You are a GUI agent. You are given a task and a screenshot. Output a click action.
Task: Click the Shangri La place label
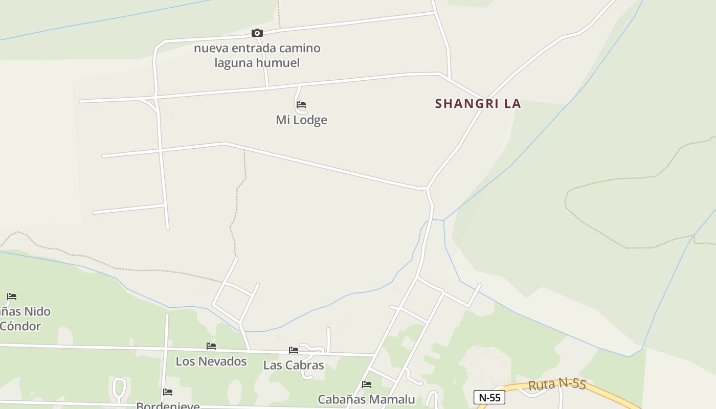click(x=478, y=103)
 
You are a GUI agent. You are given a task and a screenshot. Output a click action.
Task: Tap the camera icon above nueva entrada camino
click(x=257, y=33)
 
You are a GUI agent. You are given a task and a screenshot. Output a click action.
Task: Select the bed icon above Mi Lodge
click(x=301, y=105)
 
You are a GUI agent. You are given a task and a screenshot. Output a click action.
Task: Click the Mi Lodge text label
click(x=301, y=120)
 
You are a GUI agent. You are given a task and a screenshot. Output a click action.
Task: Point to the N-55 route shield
click(x=489, y=397)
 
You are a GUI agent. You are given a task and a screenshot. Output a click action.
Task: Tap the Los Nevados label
click(x=211, y=361)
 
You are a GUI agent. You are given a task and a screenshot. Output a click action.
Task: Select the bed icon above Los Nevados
click(x=211, y=346)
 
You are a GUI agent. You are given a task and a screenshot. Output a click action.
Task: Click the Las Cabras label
click(x=294, y=365)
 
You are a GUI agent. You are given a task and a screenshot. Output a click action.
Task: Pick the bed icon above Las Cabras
click(x=294, y=350)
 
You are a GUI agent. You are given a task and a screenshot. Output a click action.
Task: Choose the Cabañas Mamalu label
click(x=366, y=399)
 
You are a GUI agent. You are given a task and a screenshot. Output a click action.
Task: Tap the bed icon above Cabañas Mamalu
click(x=366, y=384)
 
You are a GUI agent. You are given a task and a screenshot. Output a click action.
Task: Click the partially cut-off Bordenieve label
click(x=168, y=406)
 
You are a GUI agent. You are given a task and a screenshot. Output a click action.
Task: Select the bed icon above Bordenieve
click(x=168, y=392)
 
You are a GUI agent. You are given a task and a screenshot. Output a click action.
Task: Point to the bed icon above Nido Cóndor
click(x=12, y=297)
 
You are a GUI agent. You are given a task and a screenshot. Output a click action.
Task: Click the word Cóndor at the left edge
click(x=20, y=326)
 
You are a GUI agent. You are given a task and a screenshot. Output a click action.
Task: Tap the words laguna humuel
click(x=257, y=63)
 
